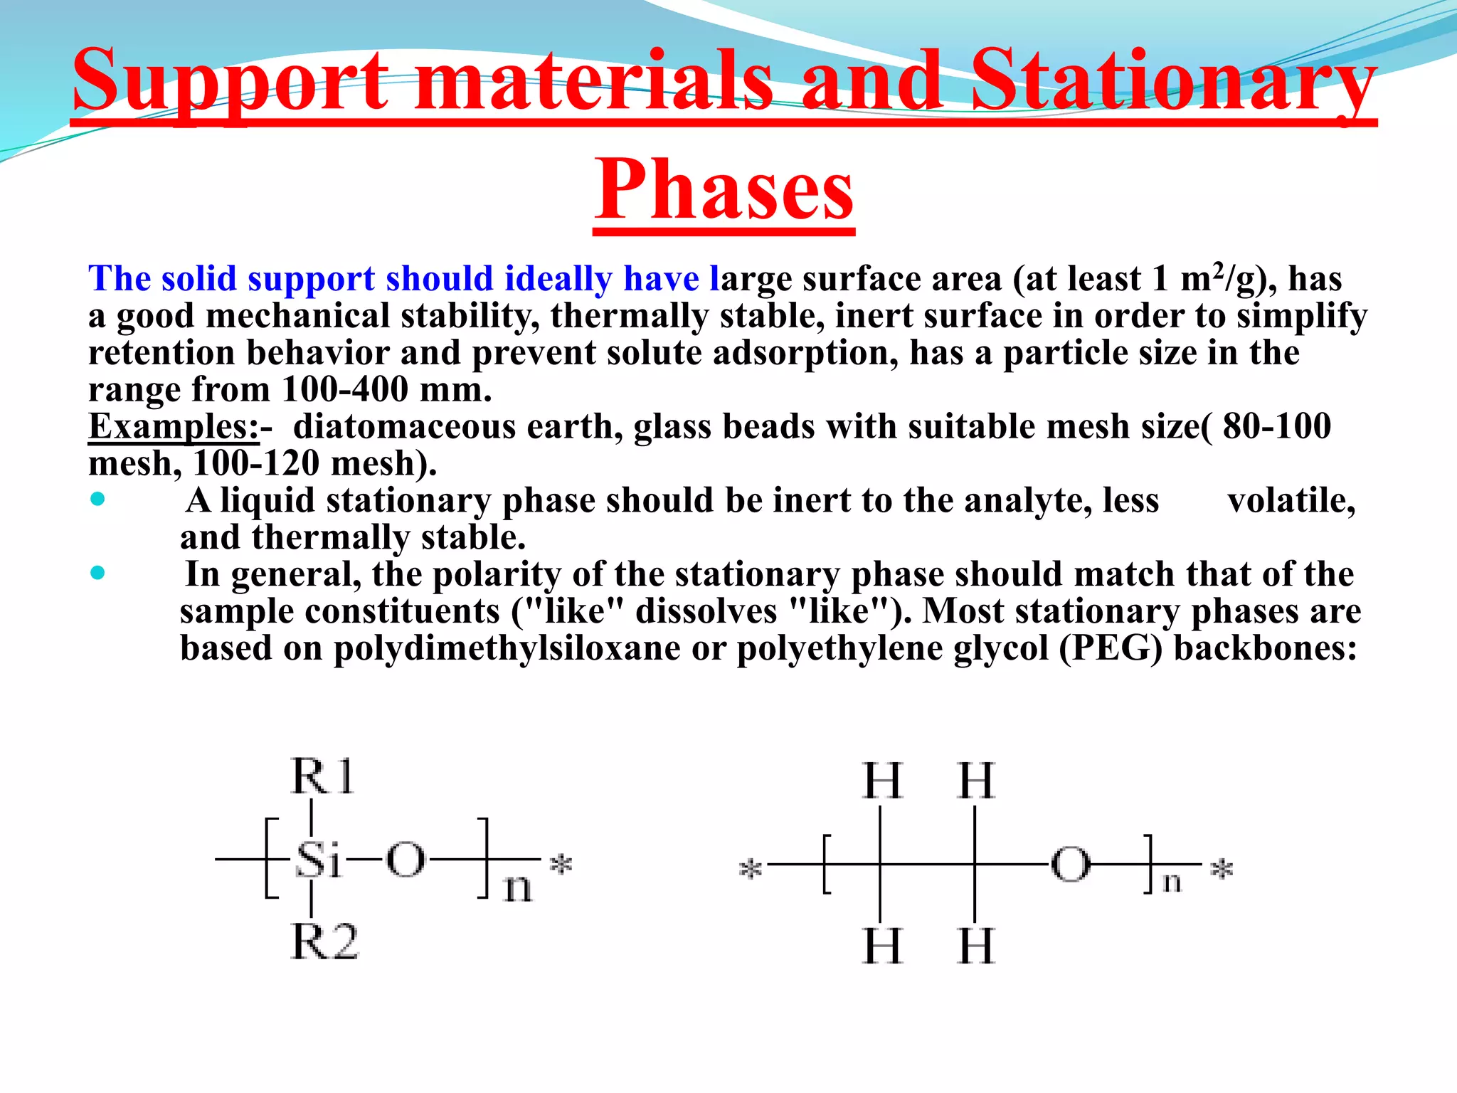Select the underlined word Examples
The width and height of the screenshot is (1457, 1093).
point(173,427)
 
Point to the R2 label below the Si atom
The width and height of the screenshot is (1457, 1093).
point(325,942)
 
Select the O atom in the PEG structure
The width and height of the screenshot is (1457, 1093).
point(1071,865)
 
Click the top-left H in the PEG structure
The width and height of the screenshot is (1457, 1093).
point(882,781)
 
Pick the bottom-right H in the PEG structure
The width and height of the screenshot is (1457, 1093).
point(976,946)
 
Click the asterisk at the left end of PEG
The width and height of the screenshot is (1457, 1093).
point(751,869)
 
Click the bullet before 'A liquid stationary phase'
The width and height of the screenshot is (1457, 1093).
point(98,500)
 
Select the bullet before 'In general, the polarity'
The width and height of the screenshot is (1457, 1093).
point(98,573)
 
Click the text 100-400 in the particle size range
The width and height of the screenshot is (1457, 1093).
point(345,390)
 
